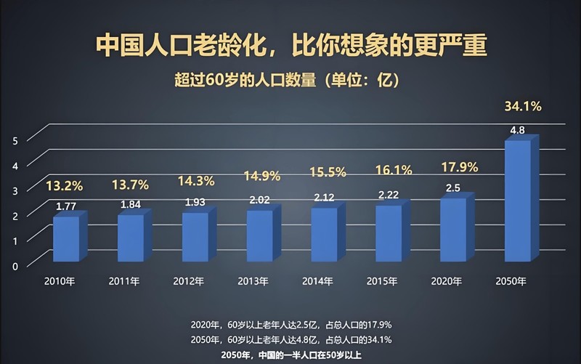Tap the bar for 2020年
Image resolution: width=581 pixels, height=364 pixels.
click(x=452, y=229)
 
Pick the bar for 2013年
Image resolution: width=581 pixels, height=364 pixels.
click(x=259, y=235)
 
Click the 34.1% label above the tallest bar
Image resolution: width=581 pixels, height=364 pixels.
click(x=522, y=107)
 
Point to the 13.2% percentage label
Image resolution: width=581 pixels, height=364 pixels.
click(x=64, y=185)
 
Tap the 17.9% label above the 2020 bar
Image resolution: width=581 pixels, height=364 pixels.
click(x=459, y=167)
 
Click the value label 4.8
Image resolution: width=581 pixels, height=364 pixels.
click(x=518, y=131)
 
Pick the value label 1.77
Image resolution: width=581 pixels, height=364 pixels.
click(x=66, y=206)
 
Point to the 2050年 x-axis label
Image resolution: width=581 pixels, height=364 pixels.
click(x=511, y=280)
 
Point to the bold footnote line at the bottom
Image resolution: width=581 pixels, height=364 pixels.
click(x=290, y=355)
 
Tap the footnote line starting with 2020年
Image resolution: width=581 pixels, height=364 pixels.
click(x=290, y=324)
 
